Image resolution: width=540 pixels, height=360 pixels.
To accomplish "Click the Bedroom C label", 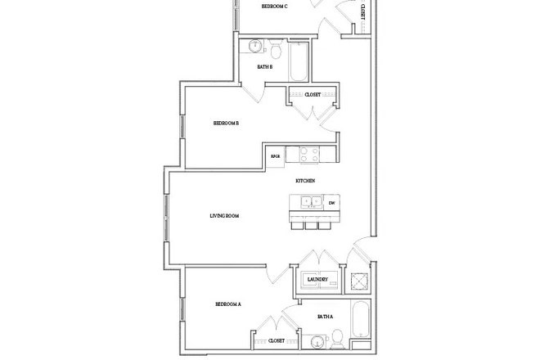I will coord(274,6).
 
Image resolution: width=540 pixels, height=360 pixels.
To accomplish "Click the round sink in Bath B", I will coord(254,46).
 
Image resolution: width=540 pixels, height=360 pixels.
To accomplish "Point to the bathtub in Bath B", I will coord(299,61).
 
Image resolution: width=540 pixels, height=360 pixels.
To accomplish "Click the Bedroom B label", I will coord(226,124).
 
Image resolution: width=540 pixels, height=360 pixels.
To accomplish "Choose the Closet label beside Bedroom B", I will coord(313,95).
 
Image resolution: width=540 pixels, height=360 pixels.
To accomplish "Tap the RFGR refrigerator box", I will coord(277,154).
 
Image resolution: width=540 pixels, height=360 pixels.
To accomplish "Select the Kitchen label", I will coord(306,180).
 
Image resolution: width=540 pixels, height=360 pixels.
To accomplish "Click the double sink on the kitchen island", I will coord(309,202).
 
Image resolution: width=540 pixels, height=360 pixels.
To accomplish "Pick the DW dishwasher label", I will coord(331,203).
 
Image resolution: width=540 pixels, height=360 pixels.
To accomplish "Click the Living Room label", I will coord(223,216).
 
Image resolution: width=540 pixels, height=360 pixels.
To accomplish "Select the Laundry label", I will coord(317,280).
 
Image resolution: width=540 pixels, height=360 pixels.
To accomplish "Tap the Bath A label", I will coord(326,316).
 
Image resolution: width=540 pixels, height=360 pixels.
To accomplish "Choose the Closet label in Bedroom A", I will coord(277,340).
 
